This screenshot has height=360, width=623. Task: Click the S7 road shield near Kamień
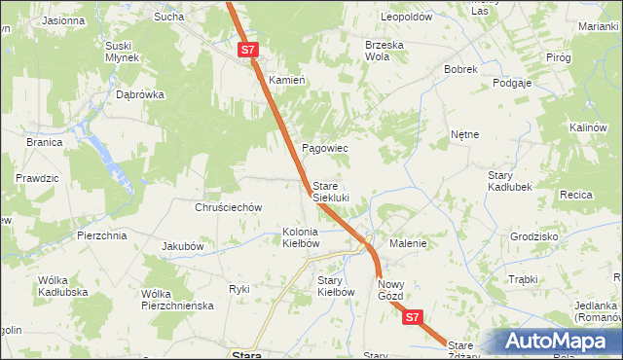[247, 49]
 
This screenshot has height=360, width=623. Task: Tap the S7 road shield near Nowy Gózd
[412, 317]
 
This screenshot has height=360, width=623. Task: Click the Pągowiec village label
[324, 148]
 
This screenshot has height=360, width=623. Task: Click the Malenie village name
[408, 243]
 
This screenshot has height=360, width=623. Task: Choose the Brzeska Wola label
[384, 51]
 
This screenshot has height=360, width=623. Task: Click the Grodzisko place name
[533, 236]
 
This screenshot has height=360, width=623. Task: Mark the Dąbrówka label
[140, 95]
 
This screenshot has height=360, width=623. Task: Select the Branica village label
[45, 142]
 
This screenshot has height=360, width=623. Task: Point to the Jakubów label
[182, 246]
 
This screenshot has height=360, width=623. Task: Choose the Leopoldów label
[406, 18]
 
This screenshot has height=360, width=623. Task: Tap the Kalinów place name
[588, 128]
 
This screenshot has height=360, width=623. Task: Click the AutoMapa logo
[556, 342]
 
